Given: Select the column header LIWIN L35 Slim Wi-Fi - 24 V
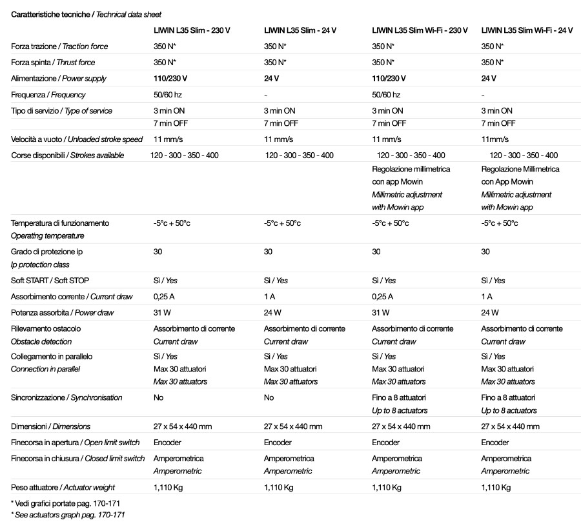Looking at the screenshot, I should point(527,30).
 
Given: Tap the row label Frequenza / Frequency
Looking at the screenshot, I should point(48,95).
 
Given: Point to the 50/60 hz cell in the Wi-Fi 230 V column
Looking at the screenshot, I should point(386,95).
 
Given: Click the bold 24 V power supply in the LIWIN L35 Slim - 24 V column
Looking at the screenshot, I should point(272,79).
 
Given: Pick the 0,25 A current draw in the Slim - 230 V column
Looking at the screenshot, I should point(164,297).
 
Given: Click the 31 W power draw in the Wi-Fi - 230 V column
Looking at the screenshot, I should point(381,313).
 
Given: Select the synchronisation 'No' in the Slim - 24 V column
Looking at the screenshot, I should point(269,398).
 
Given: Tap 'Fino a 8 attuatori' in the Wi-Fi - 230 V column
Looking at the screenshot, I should point(399,398).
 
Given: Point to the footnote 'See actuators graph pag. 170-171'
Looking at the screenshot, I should point(68,515).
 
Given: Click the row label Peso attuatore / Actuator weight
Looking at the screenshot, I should point(63,488).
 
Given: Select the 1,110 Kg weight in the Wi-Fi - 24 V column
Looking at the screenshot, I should point(496,488).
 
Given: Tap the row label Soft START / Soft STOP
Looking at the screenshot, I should point(50,281).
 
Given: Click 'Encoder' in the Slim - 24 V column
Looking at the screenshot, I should point(278,443).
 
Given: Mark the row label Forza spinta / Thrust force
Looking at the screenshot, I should point(53,63).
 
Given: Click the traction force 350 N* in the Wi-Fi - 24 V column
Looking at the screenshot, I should point(493,46).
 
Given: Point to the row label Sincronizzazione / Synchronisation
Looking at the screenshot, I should point(66,398).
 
